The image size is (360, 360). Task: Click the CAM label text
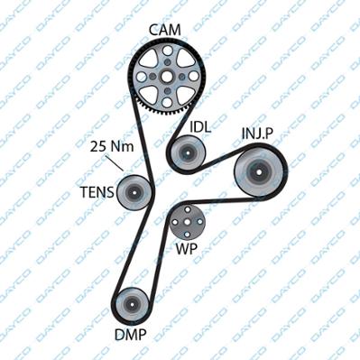click(165, 31)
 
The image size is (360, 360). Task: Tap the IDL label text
click(200, 127)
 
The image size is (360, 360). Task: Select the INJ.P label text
click(257, 134)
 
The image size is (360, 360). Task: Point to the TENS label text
click(97, 192)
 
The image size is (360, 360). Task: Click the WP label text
click(187, 249)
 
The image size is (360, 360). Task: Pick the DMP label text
click(131, 334)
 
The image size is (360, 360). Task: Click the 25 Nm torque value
click(112, 146)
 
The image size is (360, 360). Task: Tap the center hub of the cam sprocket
click(167, 77)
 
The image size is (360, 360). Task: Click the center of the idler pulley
click(188, 153)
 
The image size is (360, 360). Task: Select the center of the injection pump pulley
click(259, 172)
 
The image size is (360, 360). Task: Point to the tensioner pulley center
click(134, 193)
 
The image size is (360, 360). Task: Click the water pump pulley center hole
click(187, 222)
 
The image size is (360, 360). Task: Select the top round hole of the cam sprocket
click(167, 51)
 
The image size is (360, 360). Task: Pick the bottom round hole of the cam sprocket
click(167, 103)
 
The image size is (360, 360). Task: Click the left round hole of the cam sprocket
click(141, 77)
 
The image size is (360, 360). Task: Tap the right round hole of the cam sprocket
click(193, 77)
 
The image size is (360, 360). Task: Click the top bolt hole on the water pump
click(187, 209)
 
